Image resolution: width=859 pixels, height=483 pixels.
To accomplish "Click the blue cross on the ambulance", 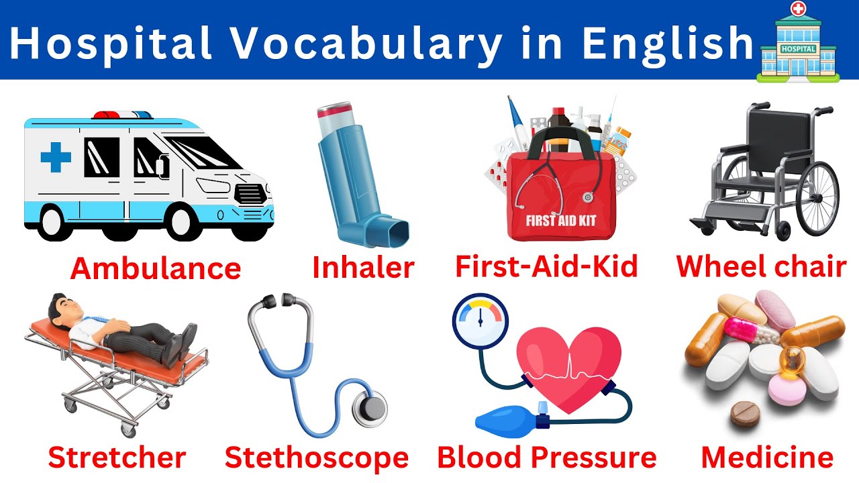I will (x=56, y=158).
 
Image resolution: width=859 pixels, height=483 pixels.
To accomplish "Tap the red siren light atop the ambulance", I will (x=107, y=114).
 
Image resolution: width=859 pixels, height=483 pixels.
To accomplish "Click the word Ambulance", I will (x=155, y=269).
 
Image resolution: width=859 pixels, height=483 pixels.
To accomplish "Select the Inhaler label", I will (x=363, y=268).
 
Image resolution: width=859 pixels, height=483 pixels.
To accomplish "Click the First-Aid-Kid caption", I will (x=546, y=267).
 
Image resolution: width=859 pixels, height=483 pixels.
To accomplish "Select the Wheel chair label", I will (x=761, y=267).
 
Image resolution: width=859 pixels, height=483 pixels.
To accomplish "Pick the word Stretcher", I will (x=117, y=458).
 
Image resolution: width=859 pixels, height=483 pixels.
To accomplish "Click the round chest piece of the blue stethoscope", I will (x=369, y=407).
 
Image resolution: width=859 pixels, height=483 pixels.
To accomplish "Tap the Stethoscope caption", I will (x=317, y=458).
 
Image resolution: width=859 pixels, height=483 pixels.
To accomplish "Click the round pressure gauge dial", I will (x=480, y=319).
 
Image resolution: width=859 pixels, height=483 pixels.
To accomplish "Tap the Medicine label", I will (x=766, y=458).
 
